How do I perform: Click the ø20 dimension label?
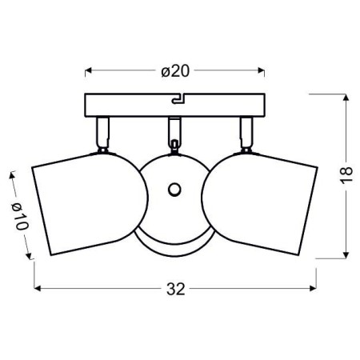coord(174,70)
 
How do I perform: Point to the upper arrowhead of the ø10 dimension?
coord(12,174)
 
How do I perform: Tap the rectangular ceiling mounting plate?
coord(128,105)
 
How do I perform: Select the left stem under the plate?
coord(102,131)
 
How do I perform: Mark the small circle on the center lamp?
coord(174,190)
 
